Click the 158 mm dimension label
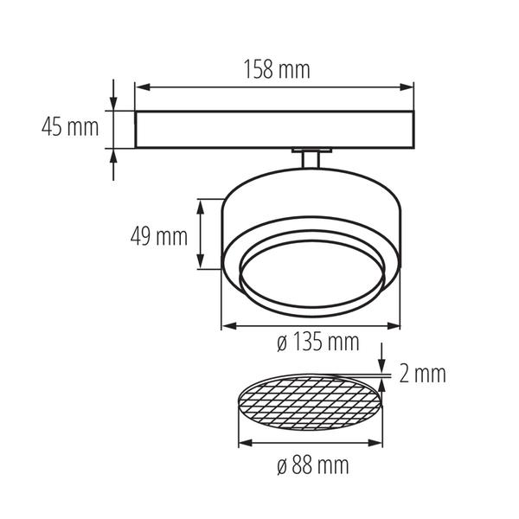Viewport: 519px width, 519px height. click(277, 69)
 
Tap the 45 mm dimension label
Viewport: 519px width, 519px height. click(70, 127)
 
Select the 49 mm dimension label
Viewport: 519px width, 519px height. click(159, 237)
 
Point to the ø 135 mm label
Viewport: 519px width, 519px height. click(317, 342)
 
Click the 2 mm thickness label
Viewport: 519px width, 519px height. click(422, 374)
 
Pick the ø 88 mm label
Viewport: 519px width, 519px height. click(313, 465)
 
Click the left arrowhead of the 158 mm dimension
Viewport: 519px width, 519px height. click(143, 87)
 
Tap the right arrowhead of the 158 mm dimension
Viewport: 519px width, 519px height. click(407, 87)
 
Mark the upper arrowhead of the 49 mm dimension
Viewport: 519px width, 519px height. click(201, 208)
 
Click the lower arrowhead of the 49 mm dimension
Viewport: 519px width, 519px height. click(201, 261)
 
